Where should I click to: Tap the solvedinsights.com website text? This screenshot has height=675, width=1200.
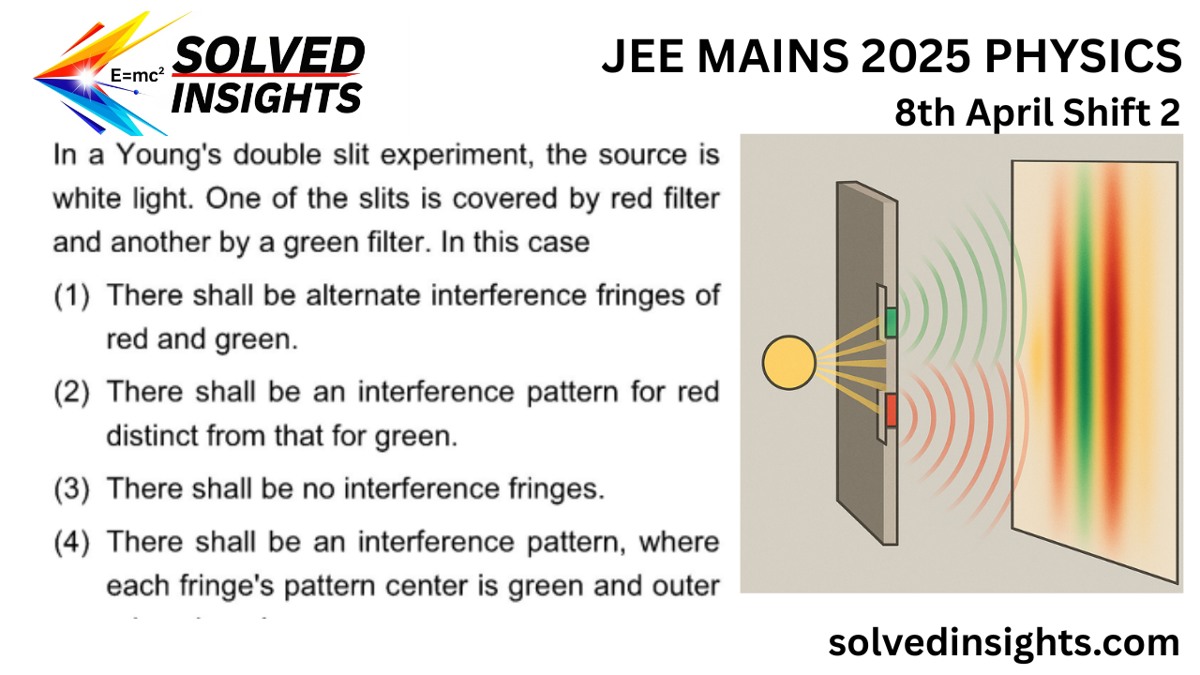coord(1003,643)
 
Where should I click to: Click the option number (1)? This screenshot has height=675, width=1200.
coord(71,296)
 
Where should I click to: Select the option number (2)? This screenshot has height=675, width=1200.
coord(71,392)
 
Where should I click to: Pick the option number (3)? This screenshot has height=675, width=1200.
coord(71,488)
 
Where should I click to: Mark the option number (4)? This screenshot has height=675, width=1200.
coord(71,542)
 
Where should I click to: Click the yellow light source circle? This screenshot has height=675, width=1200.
coord(789,362)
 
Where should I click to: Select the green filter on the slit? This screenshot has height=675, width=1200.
coord(891,322)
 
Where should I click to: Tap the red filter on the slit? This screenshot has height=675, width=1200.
coord(891,410)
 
